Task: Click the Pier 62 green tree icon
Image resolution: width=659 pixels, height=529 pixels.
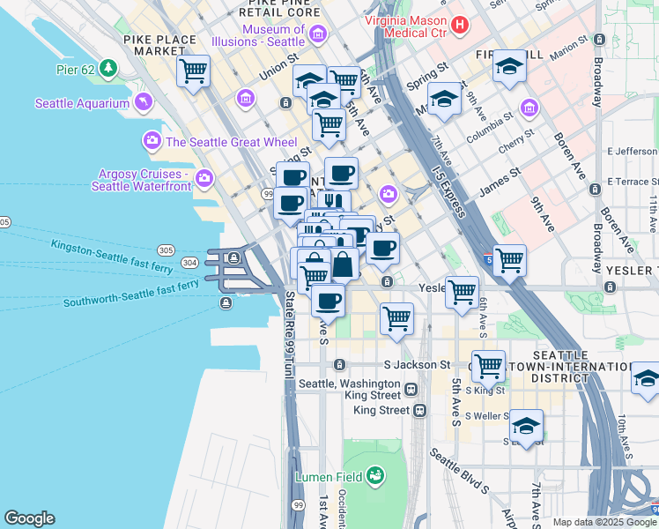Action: pyautogui.click(x=108, y=68)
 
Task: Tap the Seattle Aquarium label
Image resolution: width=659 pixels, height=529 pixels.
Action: pyautogui.click(x=82, y=104)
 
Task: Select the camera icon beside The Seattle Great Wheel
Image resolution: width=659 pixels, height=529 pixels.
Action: pyautogui.click(x=152, y=141)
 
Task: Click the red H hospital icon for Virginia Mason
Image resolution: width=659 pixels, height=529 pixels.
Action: pyautogui.click(x=458, y=26)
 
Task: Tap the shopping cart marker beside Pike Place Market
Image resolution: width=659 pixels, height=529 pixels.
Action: pyautogui.click(x=193, y=71)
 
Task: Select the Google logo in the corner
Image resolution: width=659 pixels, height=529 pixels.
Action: pyautogui.click(x=29, y=518)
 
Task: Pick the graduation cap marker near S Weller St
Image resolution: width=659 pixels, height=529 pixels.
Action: pyautogui.click(x=526, y=426)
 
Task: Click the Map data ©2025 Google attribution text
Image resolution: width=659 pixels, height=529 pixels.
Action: pyautogui.click(x=605, y=522)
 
